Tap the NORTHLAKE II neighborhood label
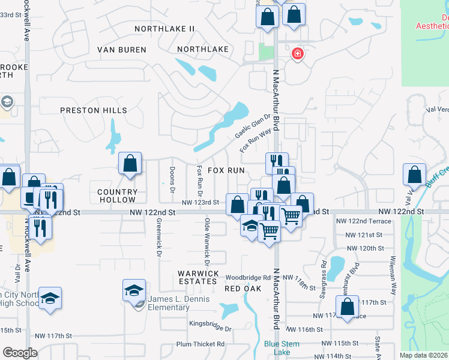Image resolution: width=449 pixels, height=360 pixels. coord(165,29)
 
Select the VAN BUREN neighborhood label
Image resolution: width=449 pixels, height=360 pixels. coord(123,49)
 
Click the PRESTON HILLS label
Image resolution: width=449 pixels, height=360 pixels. coord(94,110)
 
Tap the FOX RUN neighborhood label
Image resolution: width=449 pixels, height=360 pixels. coord(226,170)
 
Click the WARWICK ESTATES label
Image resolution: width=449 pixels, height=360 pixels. coord(197,277)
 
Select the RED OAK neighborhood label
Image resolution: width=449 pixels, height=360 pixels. coord(243,289)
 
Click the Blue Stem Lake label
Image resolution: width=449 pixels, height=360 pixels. coord(277,348)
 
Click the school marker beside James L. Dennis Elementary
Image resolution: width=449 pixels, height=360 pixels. coord(133,292)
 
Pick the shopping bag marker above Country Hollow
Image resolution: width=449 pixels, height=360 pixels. coord(130,163)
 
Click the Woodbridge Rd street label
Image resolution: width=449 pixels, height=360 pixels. coord(249,278)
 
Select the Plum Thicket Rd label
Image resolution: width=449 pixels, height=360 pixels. coord(200,344)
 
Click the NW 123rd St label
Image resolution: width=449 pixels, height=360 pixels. coord(201,203)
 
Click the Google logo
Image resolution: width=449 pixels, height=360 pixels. coord(20,353)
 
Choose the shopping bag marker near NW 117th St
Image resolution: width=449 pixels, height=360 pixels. coord(347,307)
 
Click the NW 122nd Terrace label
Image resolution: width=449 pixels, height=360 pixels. coord(364,221)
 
